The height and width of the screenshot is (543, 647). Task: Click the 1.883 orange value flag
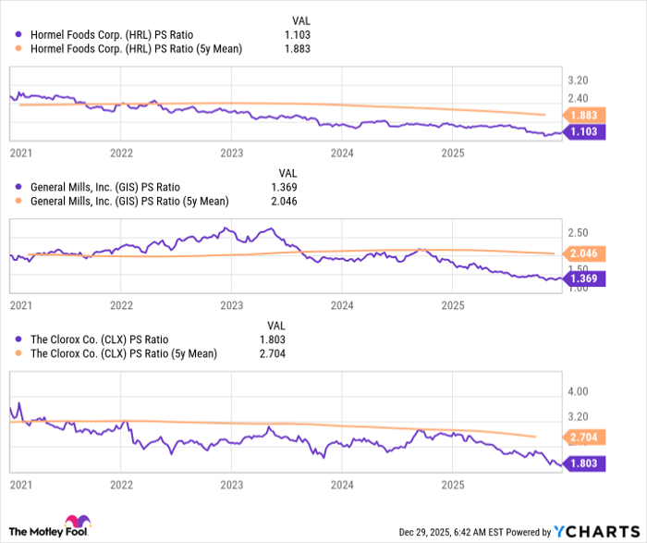click(x=584, y=115)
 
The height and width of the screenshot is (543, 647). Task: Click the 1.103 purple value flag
click(x=584, y=131)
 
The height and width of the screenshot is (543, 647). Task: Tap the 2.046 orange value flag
click(x=584, y=253)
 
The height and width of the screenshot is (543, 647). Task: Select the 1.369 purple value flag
click(x=584, y=278)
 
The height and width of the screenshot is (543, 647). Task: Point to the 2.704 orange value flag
click(x=584, y=437)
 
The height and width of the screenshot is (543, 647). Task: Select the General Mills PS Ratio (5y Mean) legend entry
click(x=129, y=201)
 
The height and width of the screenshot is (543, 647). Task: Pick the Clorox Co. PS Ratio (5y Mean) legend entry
click(x=122, y=352)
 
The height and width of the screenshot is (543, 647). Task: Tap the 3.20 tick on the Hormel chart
click(x=579, y=80)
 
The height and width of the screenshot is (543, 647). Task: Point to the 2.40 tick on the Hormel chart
click(x=579, y=98)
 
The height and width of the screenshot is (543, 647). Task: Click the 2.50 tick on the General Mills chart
click(x=579, y=231)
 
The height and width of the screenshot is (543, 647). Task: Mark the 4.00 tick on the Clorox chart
click(x=579, y=391)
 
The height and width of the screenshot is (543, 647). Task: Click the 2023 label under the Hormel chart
click(x=231, y=152)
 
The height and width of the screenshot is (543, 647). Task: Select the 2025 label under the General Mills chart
click(x=452, y=303)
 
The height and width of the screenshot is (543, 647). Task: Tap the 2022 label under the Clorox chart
click(x=121, y=484)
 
